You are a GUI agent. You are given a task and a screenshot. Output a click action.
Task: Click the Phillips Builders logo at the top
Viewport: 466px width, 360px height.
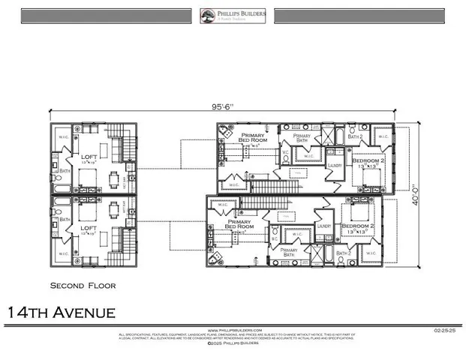pos(233,16)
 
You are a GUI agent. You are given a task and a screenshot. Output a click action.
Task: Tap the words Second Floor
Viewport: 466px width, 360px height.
pos(83,286)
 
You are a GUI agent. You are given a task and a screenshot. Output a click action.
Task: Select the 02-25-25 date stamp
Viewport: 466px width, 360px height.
pos(443,329)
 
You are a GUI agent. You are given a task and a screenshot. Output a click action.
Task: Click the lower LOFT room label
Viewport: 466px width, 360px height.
pos(89,229)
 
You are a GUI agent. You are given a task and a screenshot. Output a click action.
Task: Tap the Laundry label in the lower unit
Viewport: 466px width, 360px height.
pos(324,226)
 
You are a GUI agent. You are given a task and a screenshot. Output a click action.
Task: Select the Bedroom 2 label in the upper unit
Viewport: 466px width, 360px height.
pos(368,161)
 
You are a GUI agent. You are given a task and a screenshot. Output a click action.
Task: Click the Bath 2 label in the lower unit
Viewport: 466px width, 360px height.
pos(344,253)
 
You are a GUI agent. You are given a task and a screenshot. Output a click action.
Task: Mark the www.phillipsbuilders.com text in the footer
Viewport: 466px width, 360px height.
pos(233,329)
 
